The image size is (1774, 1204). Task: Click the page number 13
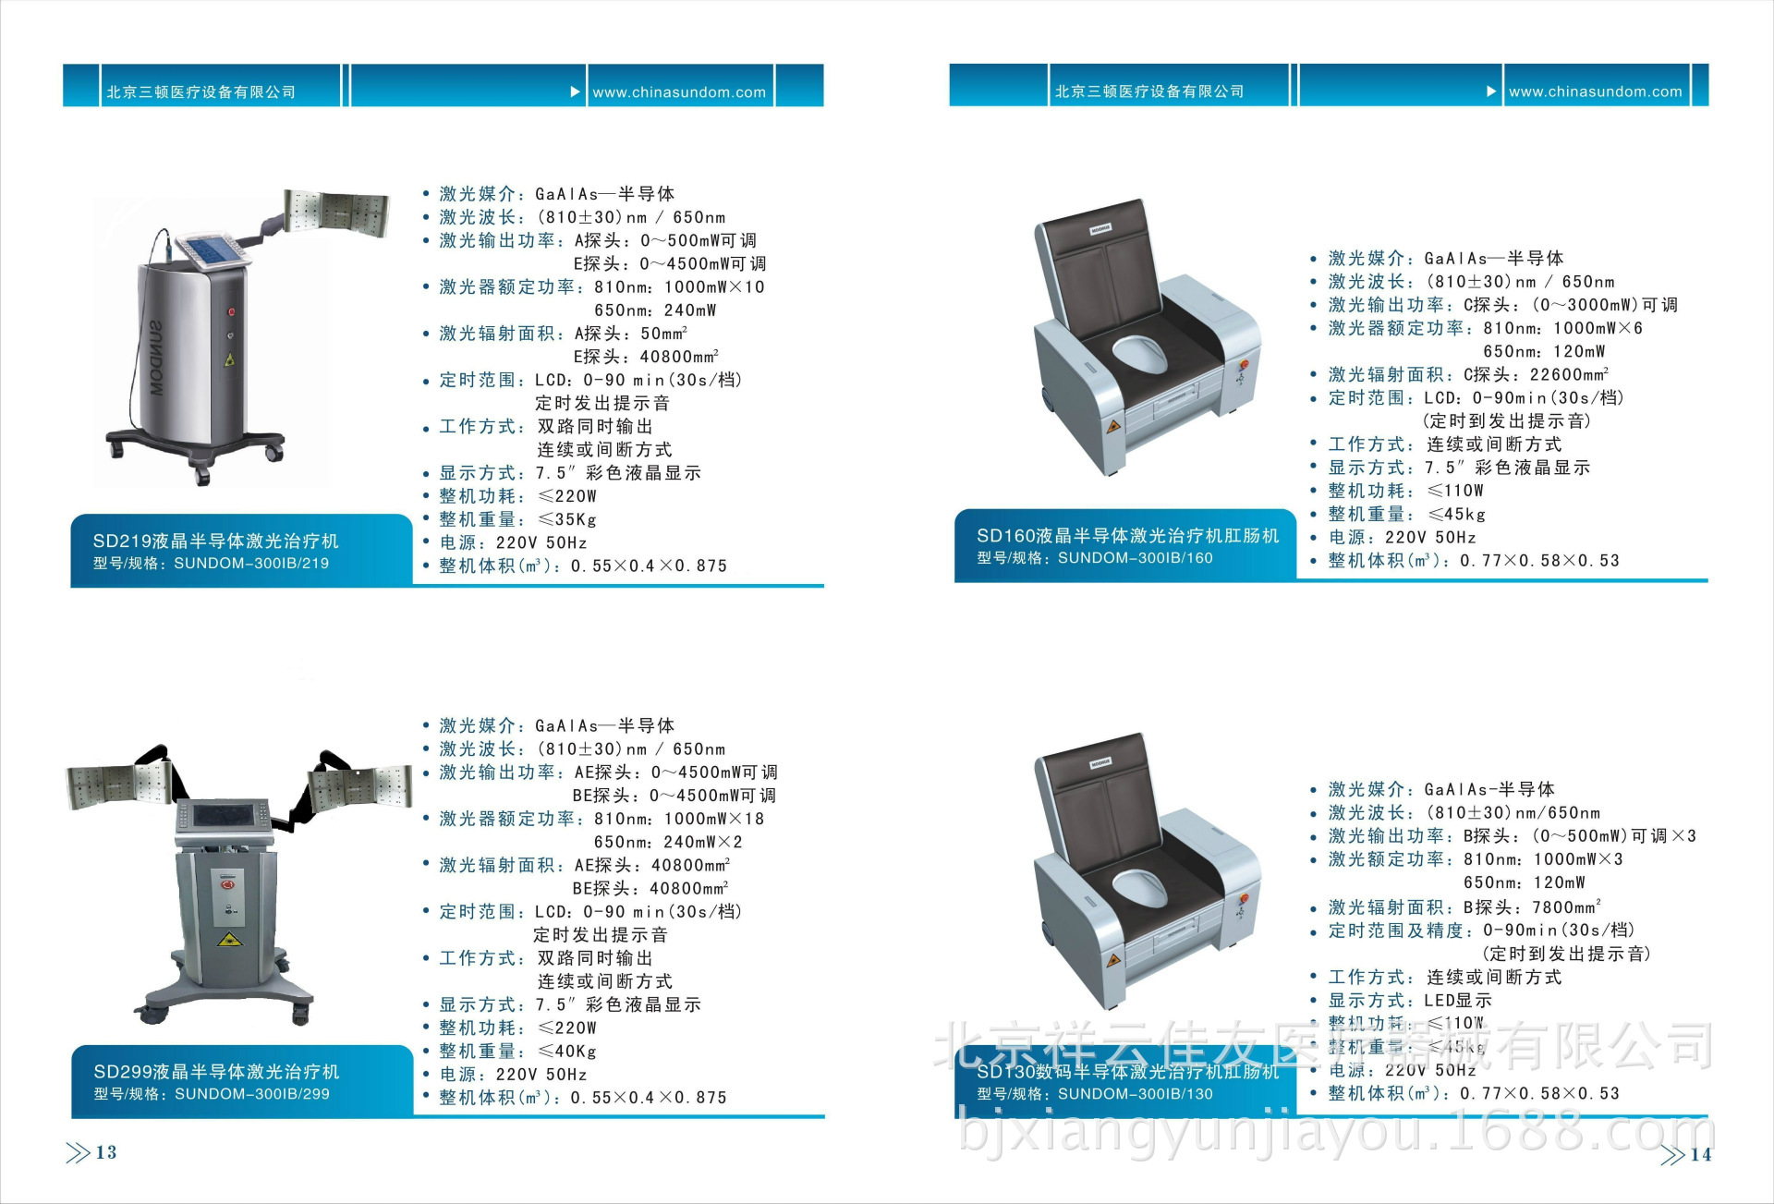point(105,1152)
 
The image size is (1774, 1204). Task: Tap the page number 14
point(1700,1154)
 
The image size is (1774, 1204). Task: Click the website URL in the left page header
point(679,92)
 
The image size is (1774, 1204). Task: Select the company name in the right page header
point(1149,91)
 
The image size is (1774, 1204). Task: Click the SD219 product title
point(215,541)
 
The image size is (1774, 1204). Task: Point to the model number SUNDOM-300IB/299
point(251,1094)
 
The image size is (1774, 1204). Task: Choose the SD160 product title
point(1127,536)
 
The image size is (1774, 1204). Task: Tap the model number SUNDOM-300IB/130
point(1135,1094)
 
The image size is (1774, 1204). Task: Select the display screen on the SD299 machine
point(224,817)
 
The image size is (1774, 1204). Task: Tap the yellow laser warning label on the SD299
point(227,940)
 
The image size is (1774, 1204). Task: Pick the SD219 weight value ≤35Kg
point(567,520)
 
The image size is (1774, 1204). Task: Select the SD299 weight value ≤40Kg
point(567,1052)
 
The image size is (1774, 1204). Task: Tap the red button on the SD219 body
point(231,312)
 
